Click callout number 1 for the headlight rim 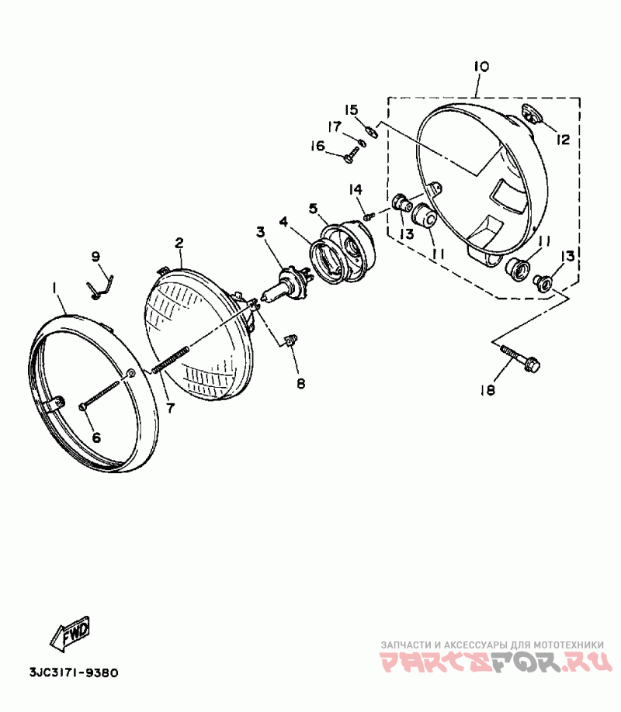point(54,289)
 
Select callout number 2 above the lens point(179,243)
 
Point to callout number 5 point(313,208)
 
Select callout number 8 point(300,383)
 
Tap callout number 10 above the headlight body point(480,67)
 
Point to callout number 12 point(563,140)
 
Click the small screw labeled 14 point(370,214)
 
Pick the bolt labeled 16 point(349,157)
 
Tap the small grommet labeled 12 point(531,115)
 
